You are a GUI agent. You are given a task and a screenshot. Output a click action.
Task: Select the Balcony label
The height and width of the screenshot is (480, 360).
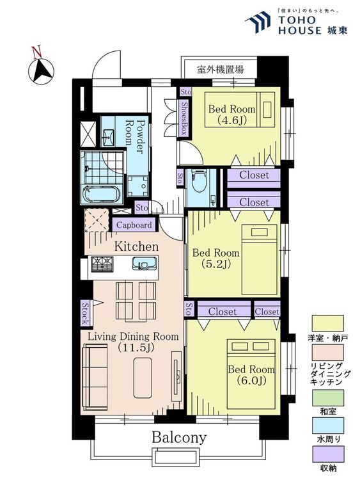179,438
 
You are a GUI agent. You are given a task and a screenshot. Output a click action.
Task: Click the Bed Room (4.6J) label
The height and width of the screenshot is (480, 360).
231,114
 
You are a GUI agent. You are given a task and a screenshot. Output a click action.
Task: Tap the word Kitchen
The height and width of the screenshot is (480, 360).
136,246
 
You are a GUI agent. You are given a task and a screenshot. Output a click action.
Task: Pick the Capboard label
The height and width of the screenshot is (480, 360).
134,225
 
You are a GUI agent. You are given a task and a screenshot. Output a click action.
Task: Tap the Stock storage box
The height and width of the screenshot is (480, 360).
84,312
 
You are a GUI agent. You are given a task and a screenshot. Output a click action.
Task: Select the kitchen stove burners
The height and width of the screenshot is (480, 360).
102,264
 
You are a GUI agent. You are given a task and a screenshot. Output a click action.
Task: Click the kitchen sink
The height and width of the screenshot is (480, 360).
143,264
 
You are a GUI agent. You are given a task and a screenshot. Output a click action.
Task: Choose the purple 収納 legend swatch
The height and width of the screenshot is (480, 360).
327,455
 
